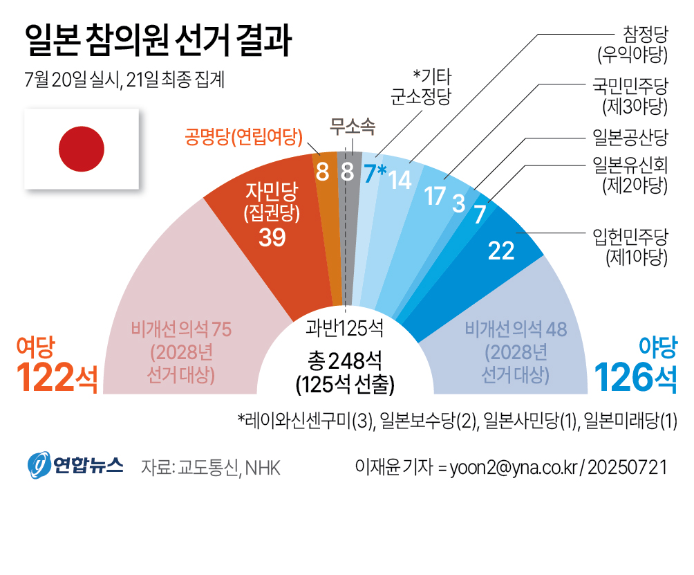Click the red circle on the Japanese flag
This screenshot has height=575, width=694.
coord(82,149)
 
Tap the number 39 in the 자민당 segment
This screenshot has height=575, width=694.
coord(272,237)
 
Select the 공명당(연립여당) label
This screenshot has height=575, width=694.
coord(244,136)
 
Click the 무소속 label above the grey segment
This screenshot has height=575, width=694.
coord(353,126)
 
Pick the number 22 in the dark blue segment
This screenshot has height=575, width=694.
coord(501,250)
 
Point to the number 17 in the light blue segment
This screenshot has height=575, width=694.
coord(435,196)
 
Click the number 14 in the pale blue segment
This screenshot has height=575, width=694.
coord(400,179)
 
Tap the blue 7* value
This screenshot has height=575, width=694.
coord(375,173)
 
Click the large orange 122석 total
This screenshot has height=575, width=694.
coord(55,376)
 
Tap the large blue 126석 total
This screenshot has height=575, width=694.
coord(635,376)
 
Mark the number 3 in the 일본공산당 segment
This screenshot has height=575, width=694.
coord(458,204)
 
